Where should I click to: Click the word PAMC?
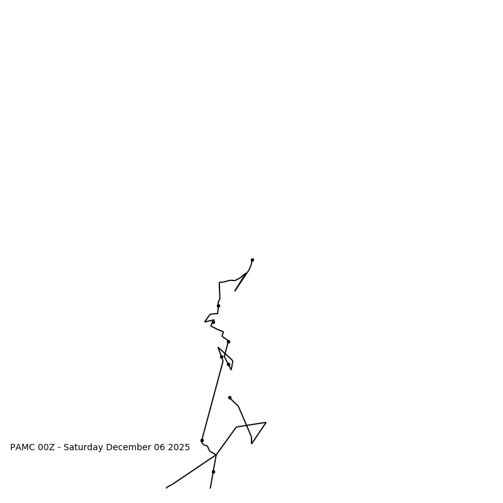pos(23,448)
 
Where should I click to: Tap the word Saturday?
pos(84,448)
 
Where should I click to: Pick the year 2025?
pos(179,448)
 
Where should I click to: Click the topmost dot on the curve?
pos(252,260)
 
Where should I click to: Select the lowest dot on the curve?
pos(213,472)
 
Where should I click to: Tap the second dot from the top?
pos(218,306)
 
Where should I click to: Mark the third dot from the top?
pos(213,322)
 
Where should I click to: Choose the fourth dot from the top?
pos(228,341)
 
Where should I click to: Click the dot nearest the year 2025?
pos(202,440)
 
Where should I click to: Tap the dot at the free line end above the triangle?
pos(229,397)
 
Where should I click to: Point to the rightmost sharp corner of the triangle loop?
pos(266,423)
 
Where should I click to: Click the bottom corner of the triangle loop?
pos(251,443)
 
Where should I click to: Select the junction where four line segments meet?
pos(216,455)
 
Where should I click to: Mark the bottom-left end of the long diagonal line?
pos(167,487)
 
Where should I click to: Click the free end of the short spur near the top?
pos(235,290)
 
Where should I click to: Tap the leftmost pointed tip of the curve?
pos(205,322)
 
